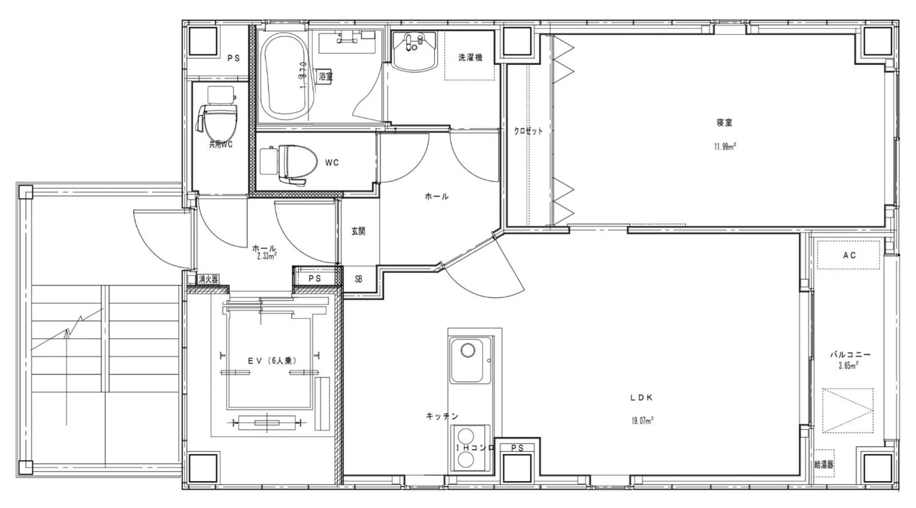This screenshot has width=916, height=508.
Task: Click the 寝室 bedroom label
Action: click(x=724, y=123)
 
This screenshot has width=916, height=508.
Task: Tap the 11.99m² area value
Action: click(x=725, y=147)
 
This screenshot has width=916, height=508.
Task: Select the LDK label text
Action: click(x=642, y=397)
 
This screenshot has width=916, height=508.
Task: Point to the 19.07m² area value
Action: click(x=642, y=421)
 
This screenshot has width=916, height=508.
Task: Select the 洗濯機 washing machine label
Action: click(x=470, y=57)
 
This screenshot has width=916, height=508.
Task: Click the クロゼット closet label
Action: click(x=528, y=131)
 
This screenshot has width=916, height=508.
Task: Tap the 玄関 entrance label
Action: click(x=358, y=231)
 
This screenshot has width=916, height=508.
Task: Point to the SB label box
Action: click(x=358, y=279)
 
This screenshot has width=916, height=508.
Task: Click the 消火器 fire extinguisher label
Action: click(x=208, y=279)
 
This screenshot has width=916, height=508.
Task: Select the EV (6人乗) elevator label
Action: click(x=272, y=361)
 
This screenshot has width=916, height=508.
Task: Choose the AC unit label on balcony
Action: click(x=849, y=255)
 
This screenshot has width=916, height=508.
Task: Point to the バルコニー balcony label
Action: click(x=850, y=355)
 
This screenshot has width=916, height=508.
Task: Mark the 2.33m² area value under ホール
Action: click(x=266, y=256)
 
